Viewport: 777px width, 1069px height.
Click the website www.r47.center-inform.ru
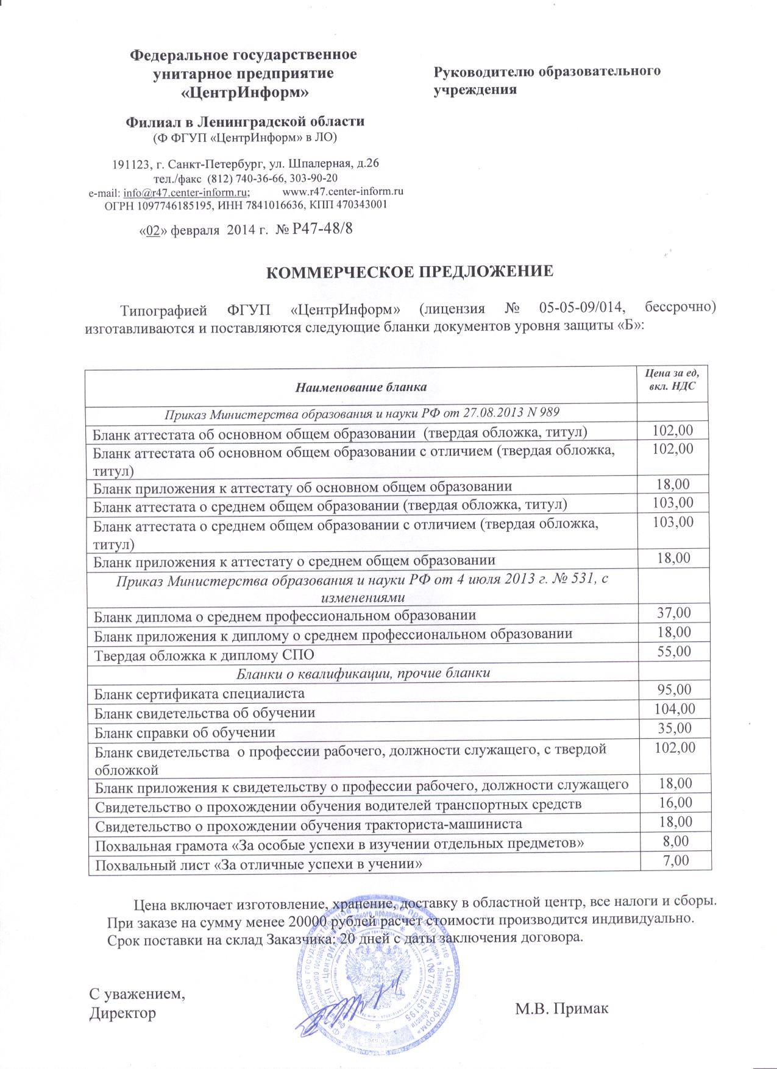pos(344,191)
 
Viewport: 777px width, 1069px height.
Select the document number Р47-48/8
pos(323,229)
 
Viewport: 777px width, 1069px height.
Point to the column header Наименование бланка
pos(361,386)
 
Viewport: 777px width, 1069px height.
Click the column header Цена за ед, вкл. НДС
pos(672,378)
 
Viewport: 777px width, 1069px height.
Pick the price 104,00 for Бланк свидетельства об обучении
pos(673,709)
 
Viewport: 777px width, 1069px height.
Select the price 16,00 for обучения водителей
pos(675,802)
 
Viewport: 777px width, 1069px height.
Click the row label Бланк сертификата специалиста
pos(199,693)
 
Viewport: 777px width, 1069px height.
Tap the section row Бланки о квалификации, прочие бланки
pos(363,673)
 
